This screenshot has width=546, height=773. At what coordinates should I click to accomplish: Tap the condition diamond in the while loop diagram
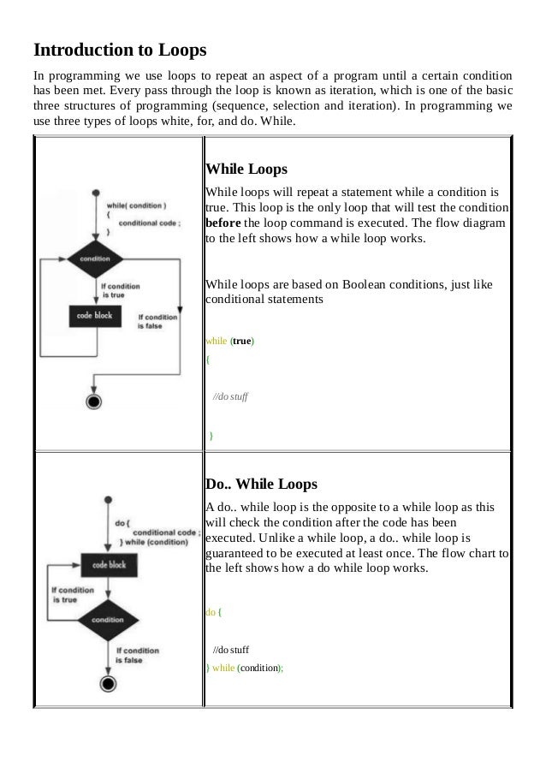coord(94,258)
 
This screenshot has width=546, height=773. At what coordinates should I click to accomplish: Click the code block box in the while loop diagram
coord(96,315)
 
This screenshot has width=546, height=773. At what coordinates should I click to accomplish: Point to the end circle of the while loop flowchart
coord(94,400)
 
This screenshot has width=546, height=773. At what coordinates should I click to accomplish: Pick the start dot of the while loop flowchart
coord(94,193)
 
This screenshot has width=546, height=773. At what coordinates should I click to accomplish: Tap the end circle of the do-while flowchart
coord(107,682)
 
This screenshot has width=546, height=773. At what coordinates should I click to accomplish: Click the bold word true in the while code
coord(243,340)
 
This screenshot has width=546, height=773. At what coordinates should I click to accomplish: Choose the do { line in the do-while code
coord(215,612)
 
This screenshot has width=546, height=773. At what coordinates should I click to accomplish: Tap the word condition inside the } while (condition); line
coord(259,668)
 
